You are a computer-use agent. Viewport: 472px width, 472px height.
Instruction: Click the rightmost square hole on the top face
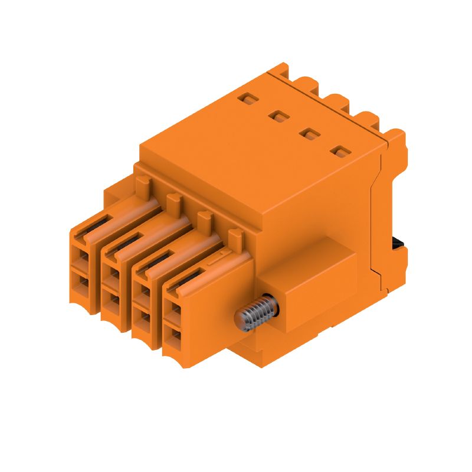click(339, 152)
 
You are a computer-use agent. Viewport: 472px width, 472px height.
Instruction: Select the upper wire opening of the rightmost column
click(173, 309)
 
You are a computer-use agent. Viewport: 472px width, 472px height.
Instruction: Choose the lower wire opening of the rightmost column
click(173, 337)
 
